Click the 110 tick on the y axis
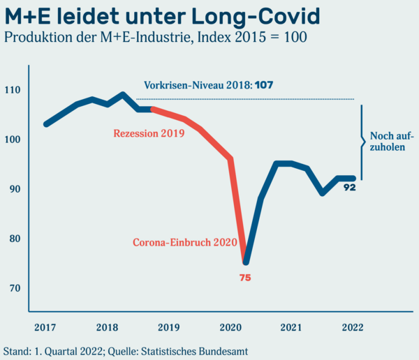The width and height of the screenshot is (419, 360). click(x=13, y=90)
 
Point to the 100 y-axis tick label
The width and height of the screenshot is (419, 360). click(x=13, y=140)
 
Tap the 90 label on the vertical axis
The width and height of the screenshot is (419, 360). click(x=14, y=189)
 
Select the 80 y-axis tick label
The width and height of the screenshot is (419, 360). click(x=14, y=239)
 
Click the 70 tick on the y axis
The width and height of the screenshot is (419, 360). click(x=14, y=288)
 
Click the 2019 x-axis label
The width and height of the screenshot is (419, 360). click(x=168, y=327)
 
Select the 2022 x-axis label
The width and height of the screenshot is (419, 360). click(x=353, y=327)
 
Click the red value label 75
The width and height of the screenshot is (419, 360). click(x=245, y=278)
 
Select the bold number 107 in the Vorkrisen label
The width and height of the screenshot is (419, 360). click(x=264, y=84)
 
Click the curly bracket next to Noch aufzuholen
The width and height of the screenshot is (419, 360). click(x=363, y=143)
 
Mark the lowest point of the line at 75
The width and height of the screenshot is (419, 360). click(x=246, y=262)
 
